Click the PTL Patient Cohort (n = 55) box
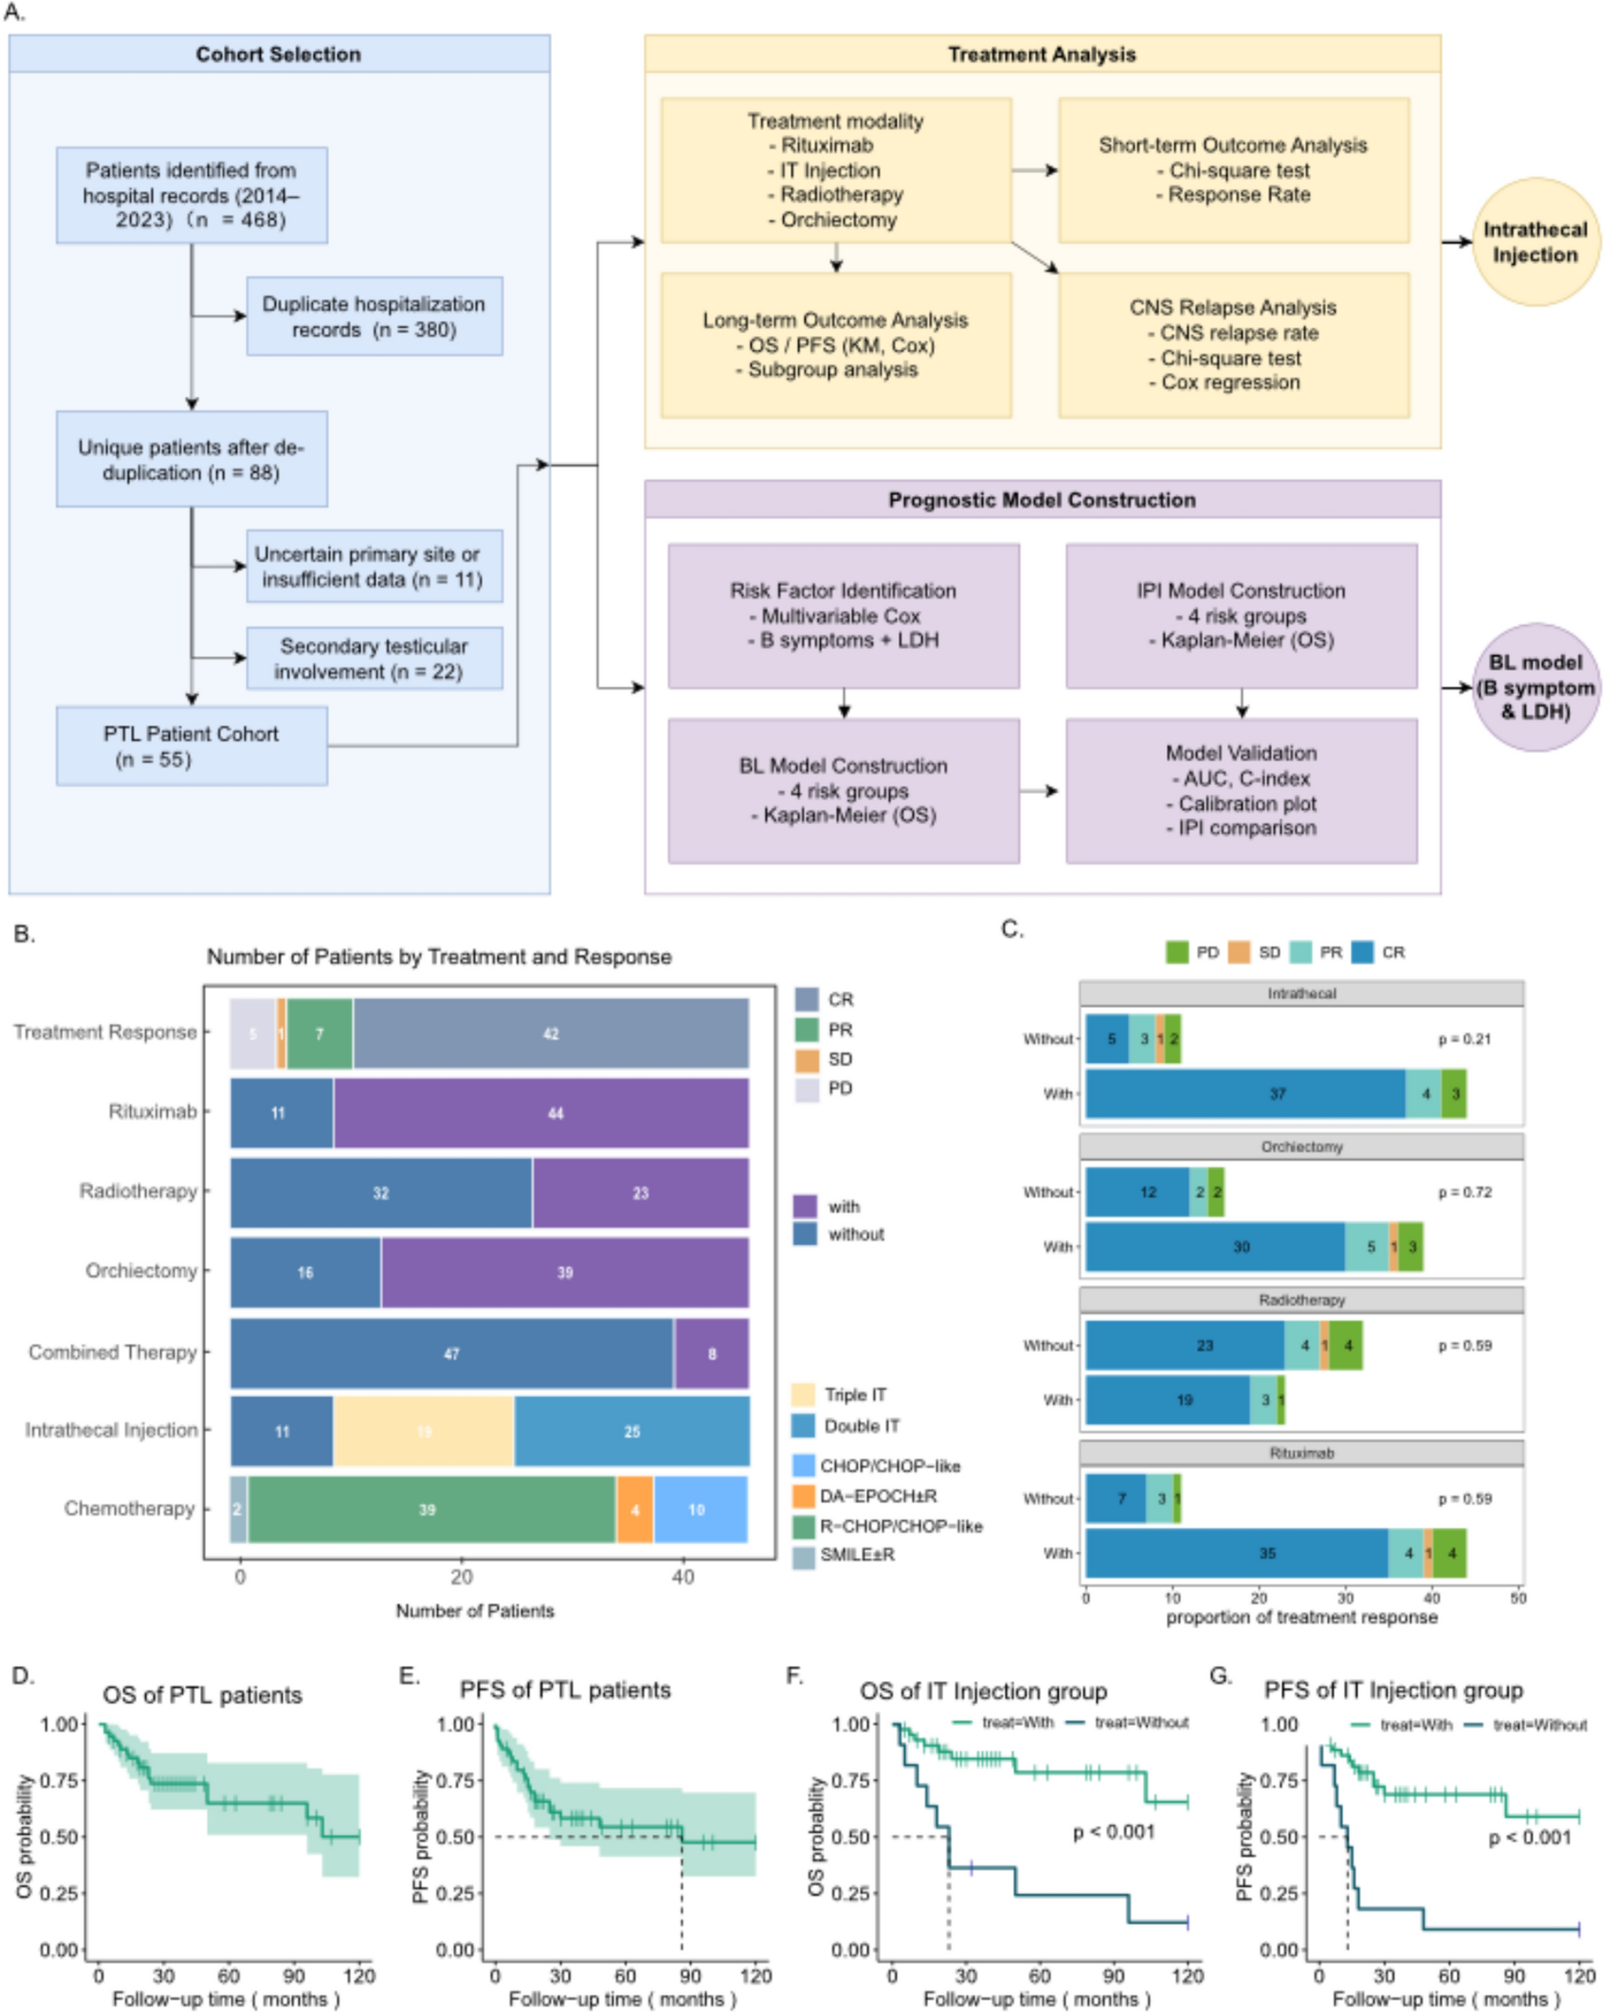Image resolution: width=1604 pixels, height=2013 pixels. tap(192, 745)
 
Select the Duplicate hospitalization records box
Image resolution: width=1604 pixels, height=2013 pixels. tap(374, 315)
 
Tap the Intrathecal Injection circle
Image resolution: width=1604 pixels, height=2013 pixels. tap(1535, 242)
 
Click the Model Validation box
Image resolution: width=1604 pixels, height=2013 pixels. tap(1240, 790)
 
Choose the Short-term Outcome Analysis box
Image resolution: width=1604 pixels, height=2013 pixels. tap(1233, 170)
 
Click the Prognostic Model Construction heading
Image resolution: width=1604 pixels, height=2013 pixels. tap(1041, 500)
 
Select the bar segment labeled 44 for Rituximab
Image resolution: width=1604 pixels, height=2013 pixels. tap(542, 1112)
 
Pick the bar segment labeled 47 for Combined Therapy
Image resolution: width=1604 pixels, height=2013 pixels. tap(452, 1353)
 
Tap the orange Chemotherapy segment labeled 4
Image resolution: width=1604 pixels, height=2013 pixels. tap(635, 1510)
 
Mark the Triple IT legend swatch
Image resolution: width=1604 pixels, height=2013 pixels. tap(803, 1395)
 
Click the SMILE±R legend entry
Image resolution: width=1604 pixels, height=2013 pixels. tap(856, 1555)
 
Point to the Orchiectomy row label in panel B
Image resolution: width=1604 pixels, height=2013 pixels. tap(141, 1271)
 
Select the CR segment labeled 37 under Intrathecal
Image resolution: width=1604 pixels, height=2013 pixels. tap(1245, 1094)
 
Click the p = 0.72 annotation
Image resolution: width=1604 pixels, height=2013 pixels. tap(1464, 1192)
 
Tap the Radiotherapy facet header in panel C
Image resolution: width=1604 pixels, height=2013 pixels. tap(1301, 1299)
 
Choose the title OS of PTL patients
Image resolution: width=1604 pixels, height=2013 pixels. tap(202, 1694)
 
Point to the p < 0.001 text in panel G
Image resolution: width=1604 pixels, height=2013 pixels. tap(1529, 1837)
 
